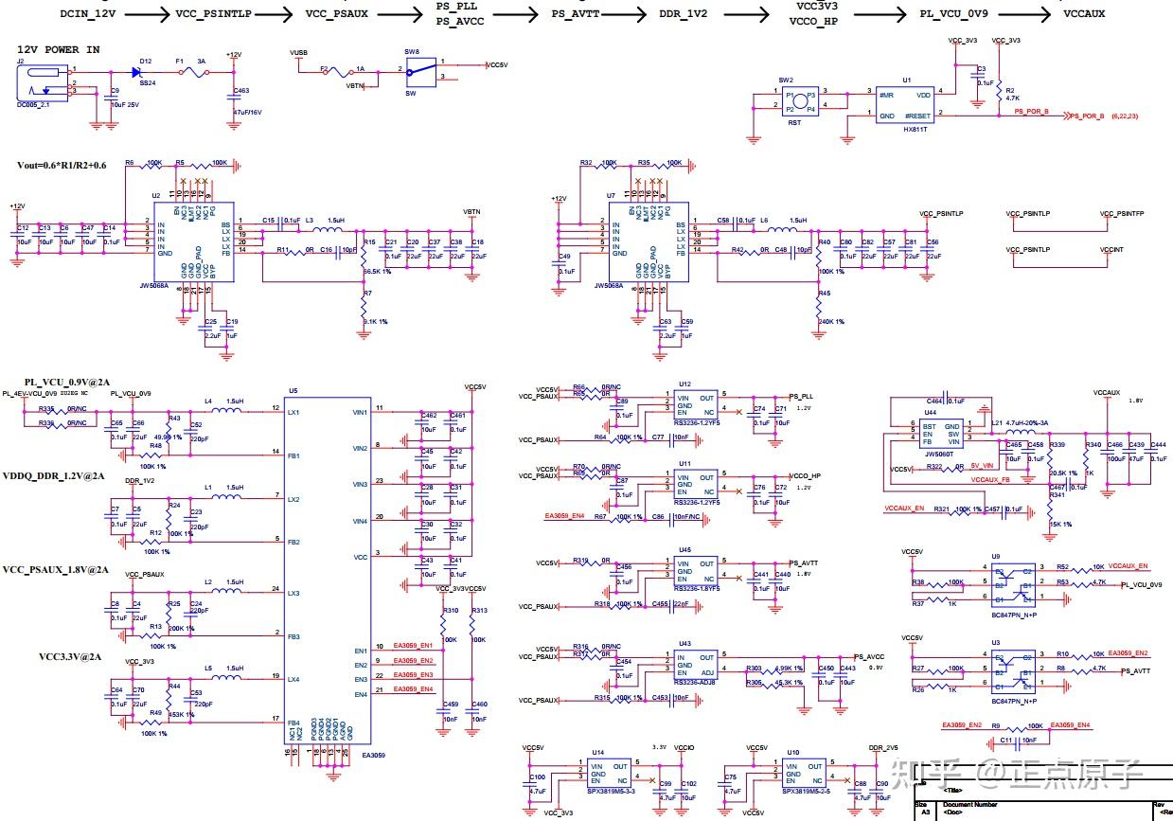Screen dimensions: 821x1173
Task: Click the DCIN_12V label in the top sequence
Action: click(89, 14)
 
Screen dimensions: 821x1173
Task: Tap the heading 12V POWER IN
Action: click(59, 49)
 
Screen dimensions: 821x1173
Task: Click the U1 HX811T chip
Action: click(904, 105)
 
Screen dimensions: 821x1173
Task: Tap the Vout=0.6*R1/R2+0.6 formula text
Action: click(62, 165)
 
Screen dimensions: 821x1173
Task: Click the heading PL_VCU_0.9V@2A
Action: click(67, 382)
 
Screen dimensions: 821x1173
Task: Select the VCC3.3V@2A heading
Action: click(70, 656)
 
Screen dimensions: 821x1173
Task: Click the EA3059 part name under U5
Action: click(373, 756)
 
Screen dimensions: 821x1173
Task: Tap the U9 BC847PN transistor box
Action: click(1011, 581)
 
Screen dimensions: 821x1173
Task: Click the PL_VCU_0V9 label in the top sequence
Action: click(954, 14)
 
